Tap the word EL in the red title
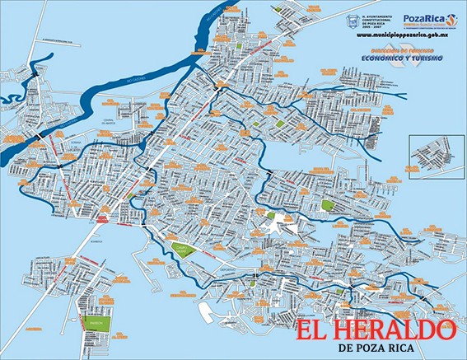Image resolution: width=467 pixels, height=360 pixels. click(314, 331)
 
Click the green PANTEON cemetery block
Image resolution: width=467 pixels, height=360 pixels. click(97, 324)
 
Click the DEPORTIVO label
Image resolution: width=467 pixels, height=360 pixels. click(227, 269)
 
